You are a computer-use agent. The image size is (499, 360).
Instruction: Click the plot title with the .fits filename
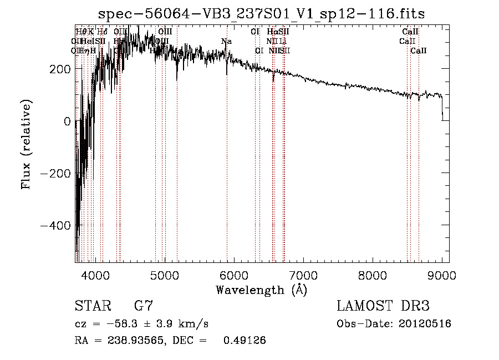[262, 14]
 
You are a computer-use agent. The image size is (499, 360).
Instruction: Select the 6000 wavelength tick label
[234, 275]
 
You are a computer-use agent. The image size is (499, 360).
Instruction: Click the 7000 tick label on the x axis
[303, 275]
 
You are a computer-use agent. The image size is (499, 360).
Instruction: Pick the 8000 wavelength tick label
[373, 275]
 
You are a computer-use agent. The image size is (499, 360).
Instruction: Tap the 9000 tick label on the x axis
[442, 275]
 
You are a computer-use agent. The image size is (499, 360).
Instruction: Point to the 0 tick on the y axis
[67, 121]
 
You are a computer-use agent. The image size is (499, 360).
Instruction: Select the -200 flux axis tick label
[55, 173]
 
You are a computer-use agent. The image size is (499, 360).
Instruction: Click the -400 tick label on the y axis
[55, 225]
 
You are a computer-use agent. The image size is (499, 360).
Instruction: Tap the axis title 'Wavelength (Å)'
[262, 290]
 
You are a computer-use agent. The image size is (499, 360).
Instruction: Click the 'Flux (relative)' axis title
[27, 144]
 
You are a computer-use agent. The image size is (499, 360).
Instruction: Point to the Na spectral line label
[226, 42]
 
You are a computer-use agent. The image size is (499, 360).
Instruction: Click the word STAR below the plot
[92, 306]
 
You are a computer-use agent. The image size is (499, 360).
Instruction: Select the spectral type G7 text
[144, 306]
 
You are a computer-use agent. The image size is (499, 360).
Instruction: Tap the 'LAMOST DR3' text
[383, 306]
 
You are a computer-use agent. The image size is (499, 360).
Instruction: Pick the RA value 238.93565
[133, 341]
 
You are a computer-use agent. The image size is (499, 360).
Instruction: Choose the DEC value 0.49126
[244, 341]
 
